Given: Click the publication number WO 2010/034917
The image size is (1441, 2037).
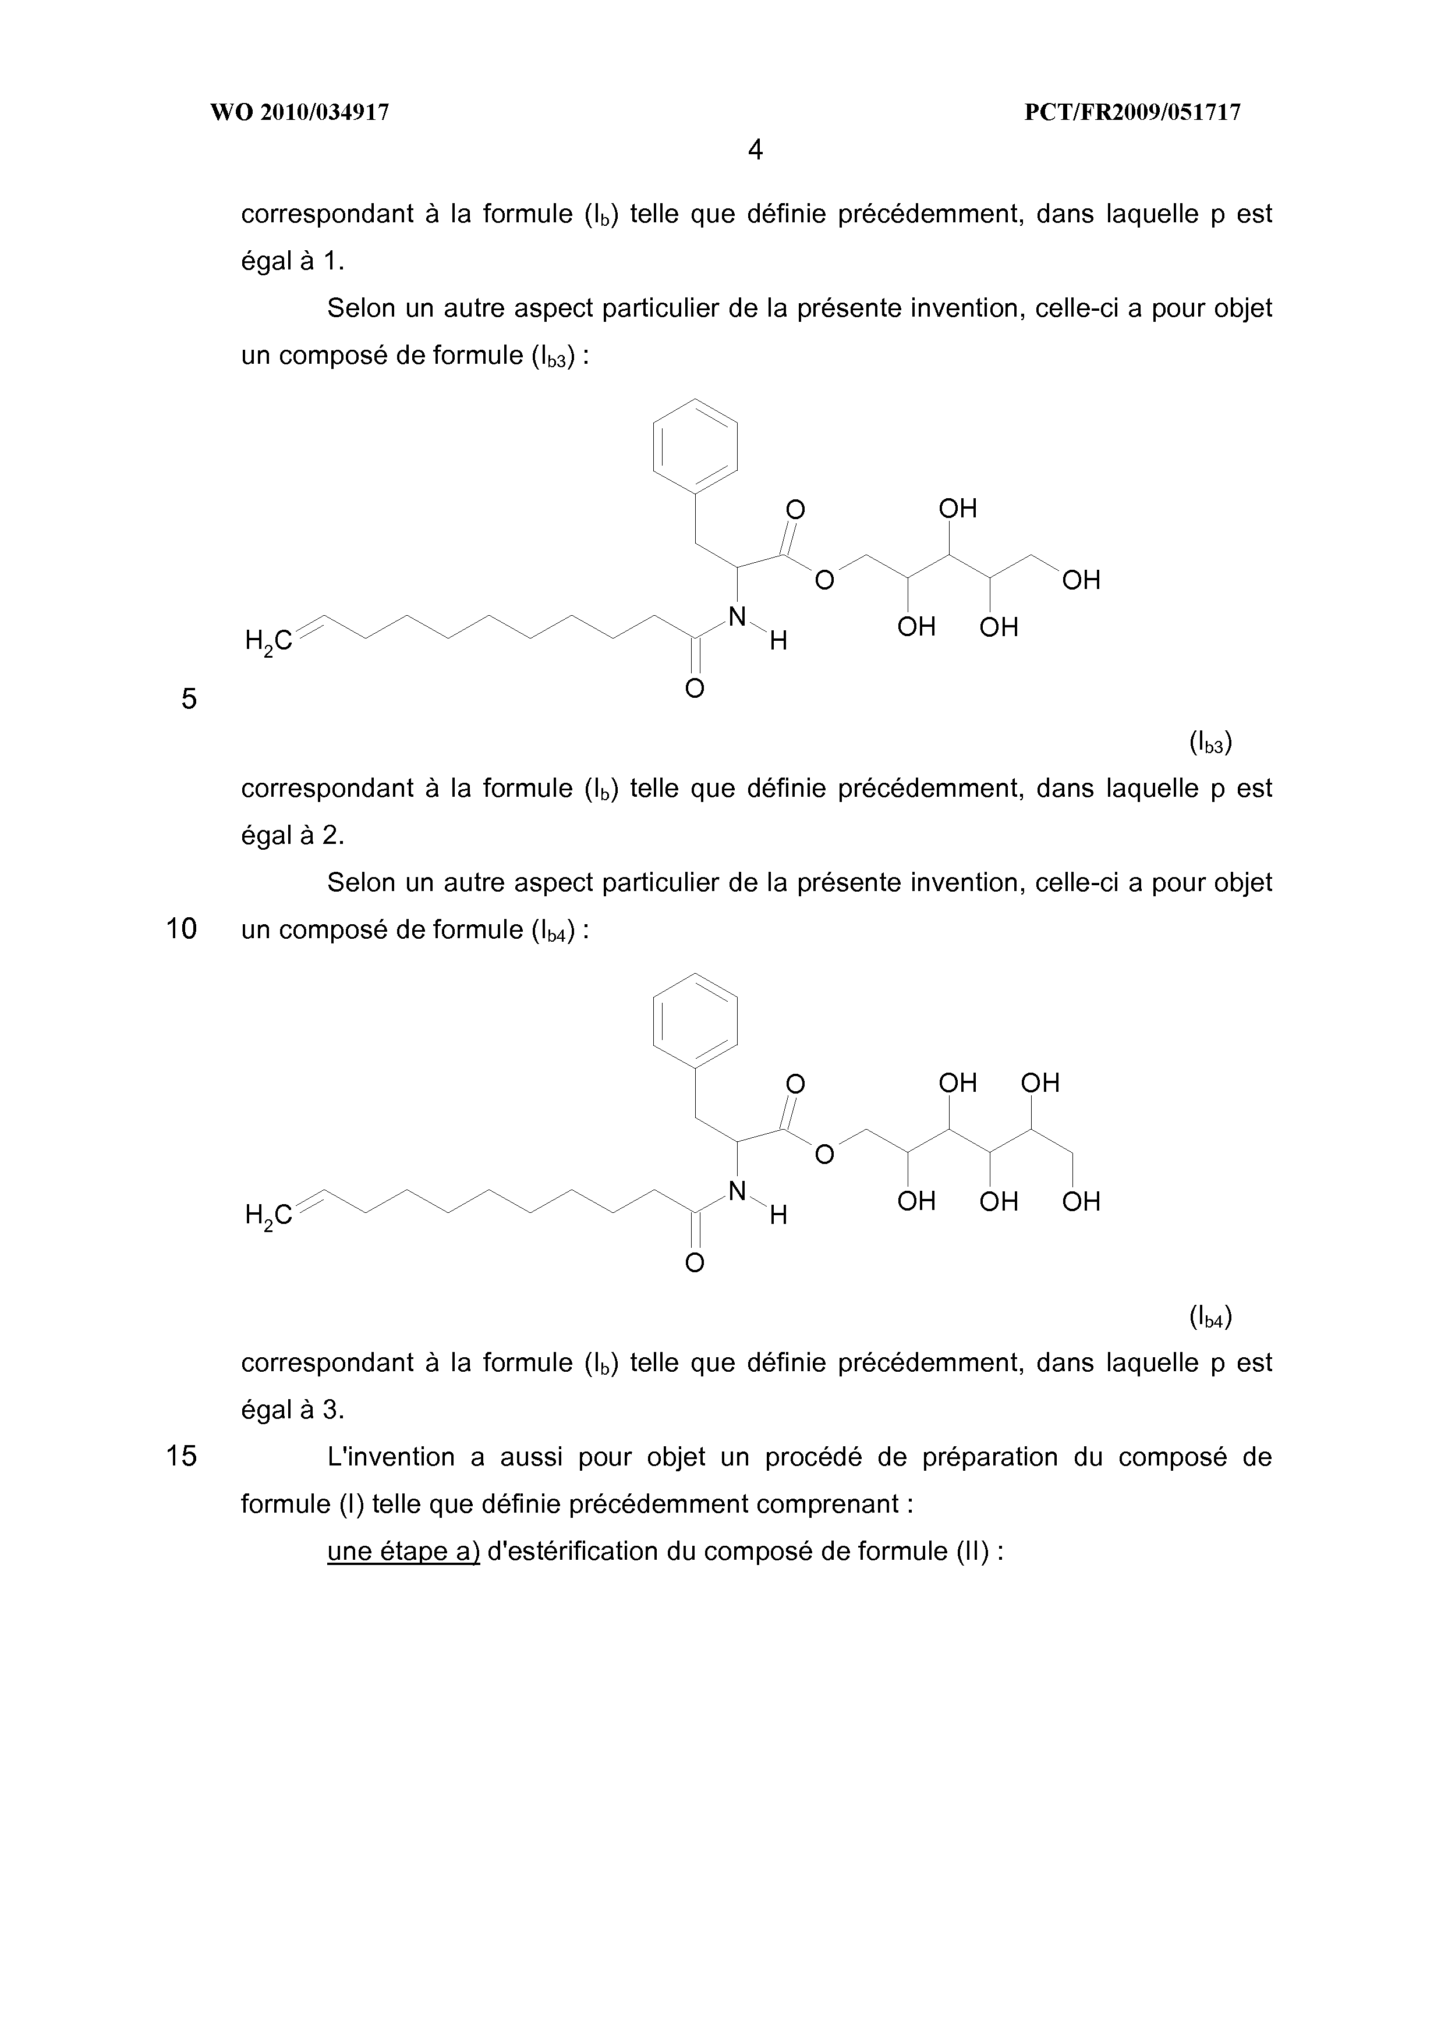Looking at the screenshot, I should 299,113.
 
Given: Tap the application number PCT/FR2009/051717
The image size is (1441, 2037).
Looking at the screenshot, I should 1132,113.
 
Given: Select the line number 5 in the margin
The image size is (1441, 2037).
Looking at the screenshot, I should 189,699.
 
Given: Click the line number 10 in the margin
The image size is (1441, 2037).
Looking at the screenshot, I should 181,929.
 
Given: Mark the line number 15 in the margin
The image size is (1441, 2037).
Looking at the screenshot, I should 181,1457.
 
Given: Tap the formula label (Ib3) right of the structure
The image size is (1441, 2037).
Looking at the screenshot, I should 1210,743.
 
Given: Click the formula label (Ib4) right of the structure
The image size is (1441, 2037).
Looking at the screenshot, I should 1210,1318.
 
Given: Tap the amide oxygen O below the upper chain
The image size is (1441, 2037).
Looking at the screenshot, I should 695,689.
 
